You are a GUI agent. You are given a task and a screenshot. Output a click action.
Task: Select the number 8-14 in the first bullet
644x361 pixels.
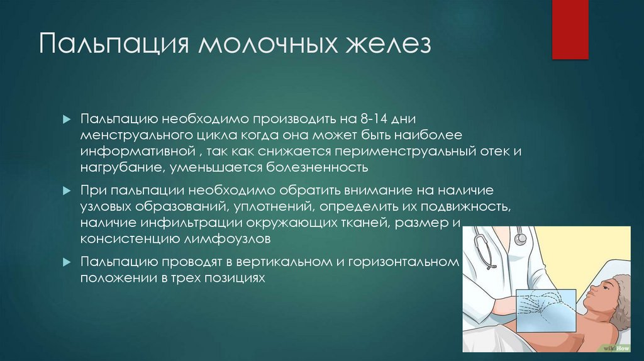[371, 119]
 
